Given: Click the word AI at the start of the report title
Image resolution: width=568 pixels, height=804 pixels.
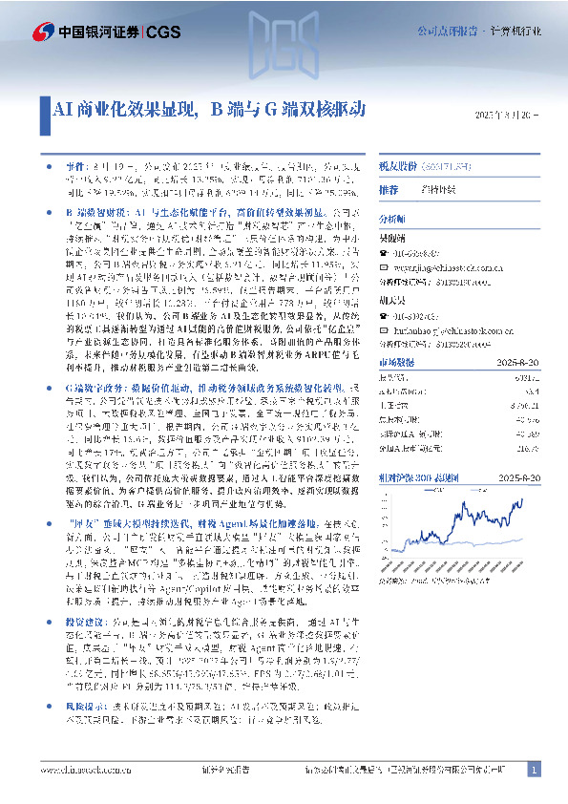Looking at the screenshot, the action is pyautogui.click(x=54, y=109).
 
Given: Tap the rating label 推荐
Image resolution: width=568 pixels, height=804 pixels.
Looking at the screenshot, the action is pyautogui.click(x=389, y=191).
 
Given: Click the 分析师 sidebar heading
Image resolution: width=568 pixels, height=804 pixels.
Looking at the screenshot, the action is pyautogui.click(x=393, y=219).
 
